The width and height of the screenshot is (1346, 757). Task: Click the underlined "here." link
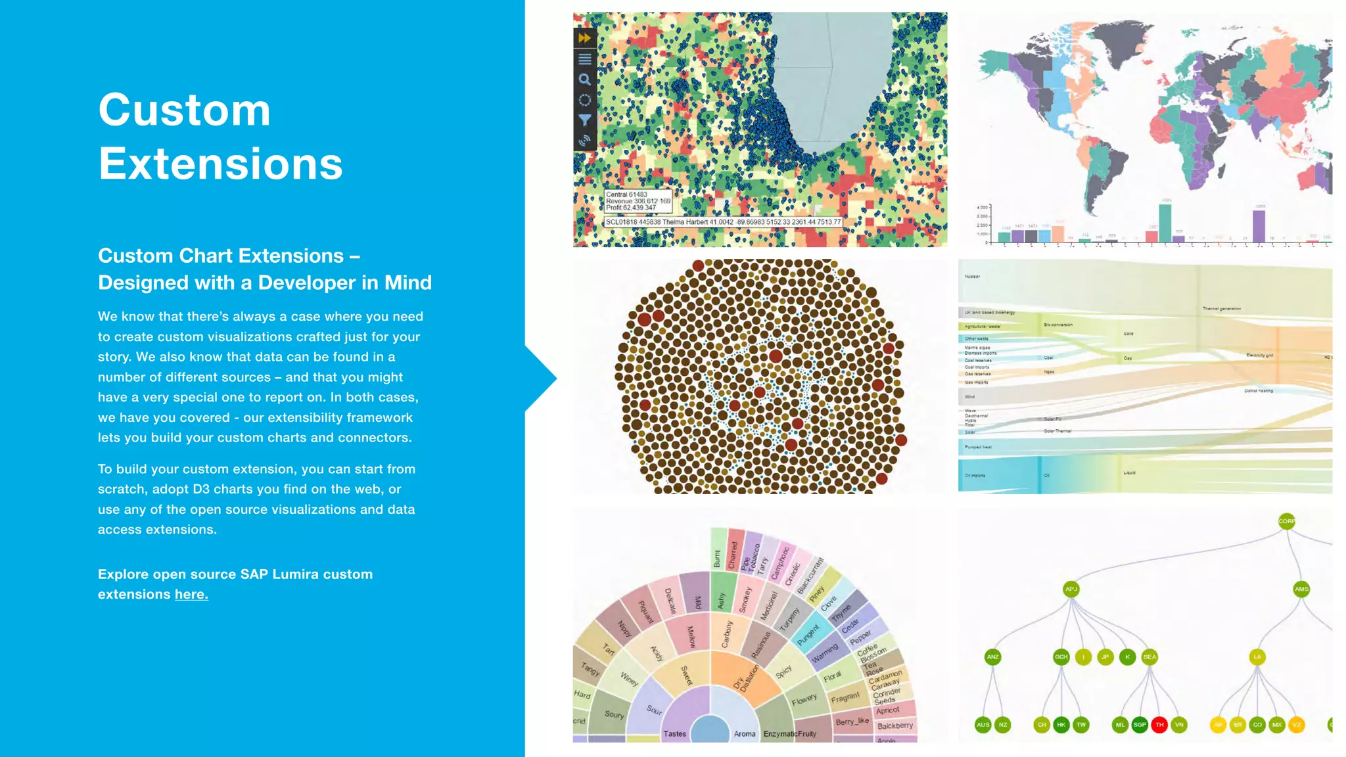pyautogui.click(x=191, y=595)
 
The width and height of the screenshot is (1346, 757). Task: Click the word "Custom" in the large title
pyautogui.click(x=185, y=110)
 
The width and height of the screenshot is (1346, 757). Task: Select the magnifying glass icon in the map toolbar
pyautogui.click(x=584, y=80)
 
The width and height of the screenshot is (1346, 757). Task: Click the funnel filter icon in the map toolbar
pyautogui.click(x=584, y=120)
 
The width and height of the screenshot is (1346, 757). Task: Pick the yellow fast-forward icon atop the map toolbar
pyautogui.click(x=584, y=38)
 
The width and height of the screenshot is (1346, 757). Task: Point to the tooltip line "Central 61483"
pyautogui.click(x=626, y=195)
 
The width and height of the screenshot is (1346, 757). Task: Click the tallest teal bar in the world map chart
pyautogui.click(x=1165, y=223)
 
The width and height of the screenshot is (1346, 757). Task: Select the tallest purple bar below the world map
pyautogui.click(x=1259, y=226)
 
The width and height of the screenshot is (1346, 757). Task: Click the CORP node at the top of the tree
pyautogui.click(x=1286, y=521)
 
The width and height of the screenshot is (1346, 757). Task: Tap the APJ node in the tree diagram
pyautogui.click(x=1071, y=589)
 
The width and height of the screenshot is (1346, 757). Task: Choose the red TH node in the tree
pyautogui.click(x=1159, y=725)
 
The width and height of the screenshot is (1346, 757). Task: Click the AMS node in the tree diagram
pyautogui.click(x=1301, y=589)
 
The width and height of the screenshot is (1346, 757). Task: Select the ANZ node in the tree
pyautogui.click(x=992, y=656)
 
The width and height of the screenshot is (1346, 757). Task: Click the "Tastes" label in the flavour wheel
pyautogui.click(x=674, y=734)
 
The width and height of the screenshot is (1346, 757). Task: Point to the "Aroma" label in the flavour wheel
pyautogui.click(x=745, y=734)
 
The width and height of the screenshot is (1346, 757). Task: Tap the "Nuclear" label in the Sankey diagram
pyautogui.click(x=972, y=277)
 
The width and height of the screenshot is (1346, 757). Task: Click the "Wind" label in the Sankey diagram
pyautogui.click(x=969, y=397)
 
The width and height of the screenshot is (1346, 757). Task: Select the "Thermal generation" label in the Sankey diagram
pyautogui.click(x=1221, y=309)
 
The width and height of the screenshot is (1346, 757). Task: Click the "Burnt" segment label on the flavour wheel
pyautogui.click(x=717, y=558)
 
